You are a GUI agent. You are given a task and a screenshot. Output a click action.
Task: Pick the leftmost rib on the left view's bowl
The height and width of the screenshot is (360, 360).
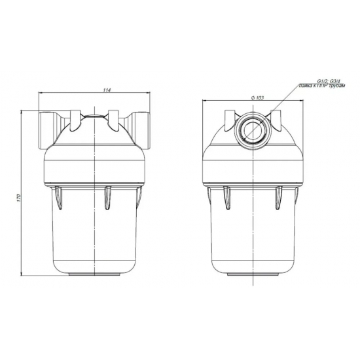(59, 198)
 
